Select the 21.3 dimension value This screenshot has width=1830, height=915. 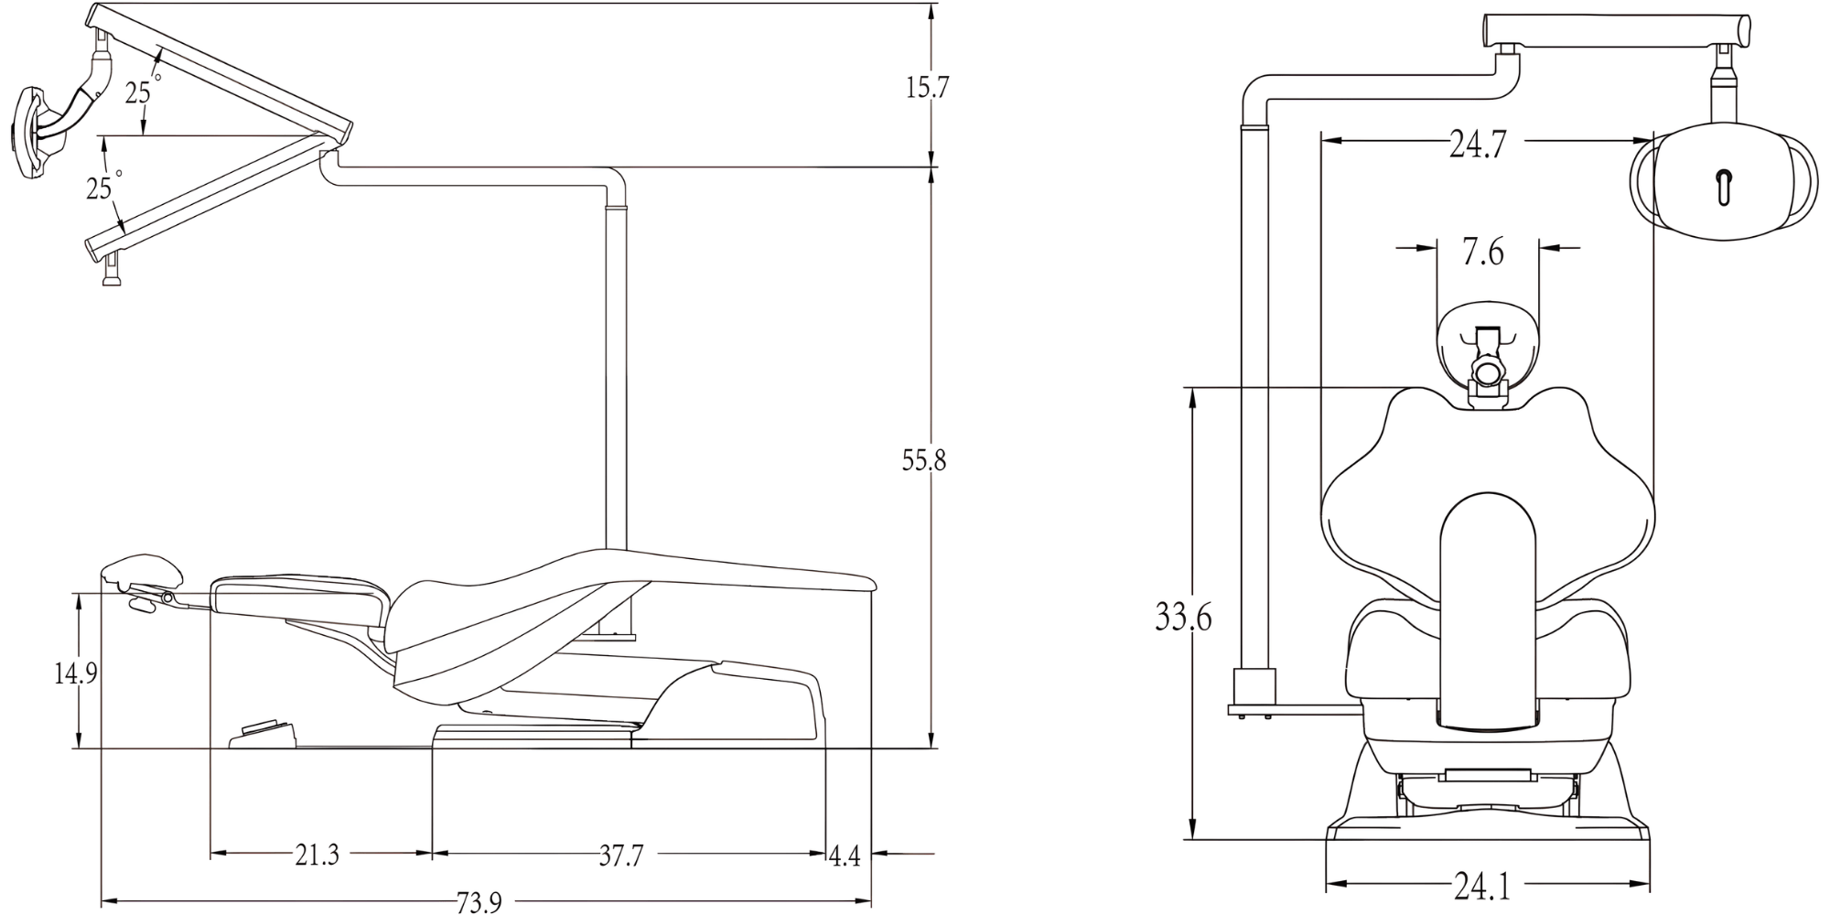(317, 856)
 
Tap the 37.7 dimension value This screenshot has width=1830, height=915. (621, 856)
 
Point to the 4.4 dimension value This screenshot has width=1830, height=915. (845, 856)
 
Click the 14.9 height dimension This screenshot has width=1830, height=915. (75, 674)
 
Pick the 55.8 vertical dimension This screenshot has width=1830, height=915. (924, 461)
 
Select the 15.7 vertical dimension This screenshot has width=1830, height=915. (927, 88)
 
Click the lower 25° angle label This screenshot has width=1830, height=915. (102, 187)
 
